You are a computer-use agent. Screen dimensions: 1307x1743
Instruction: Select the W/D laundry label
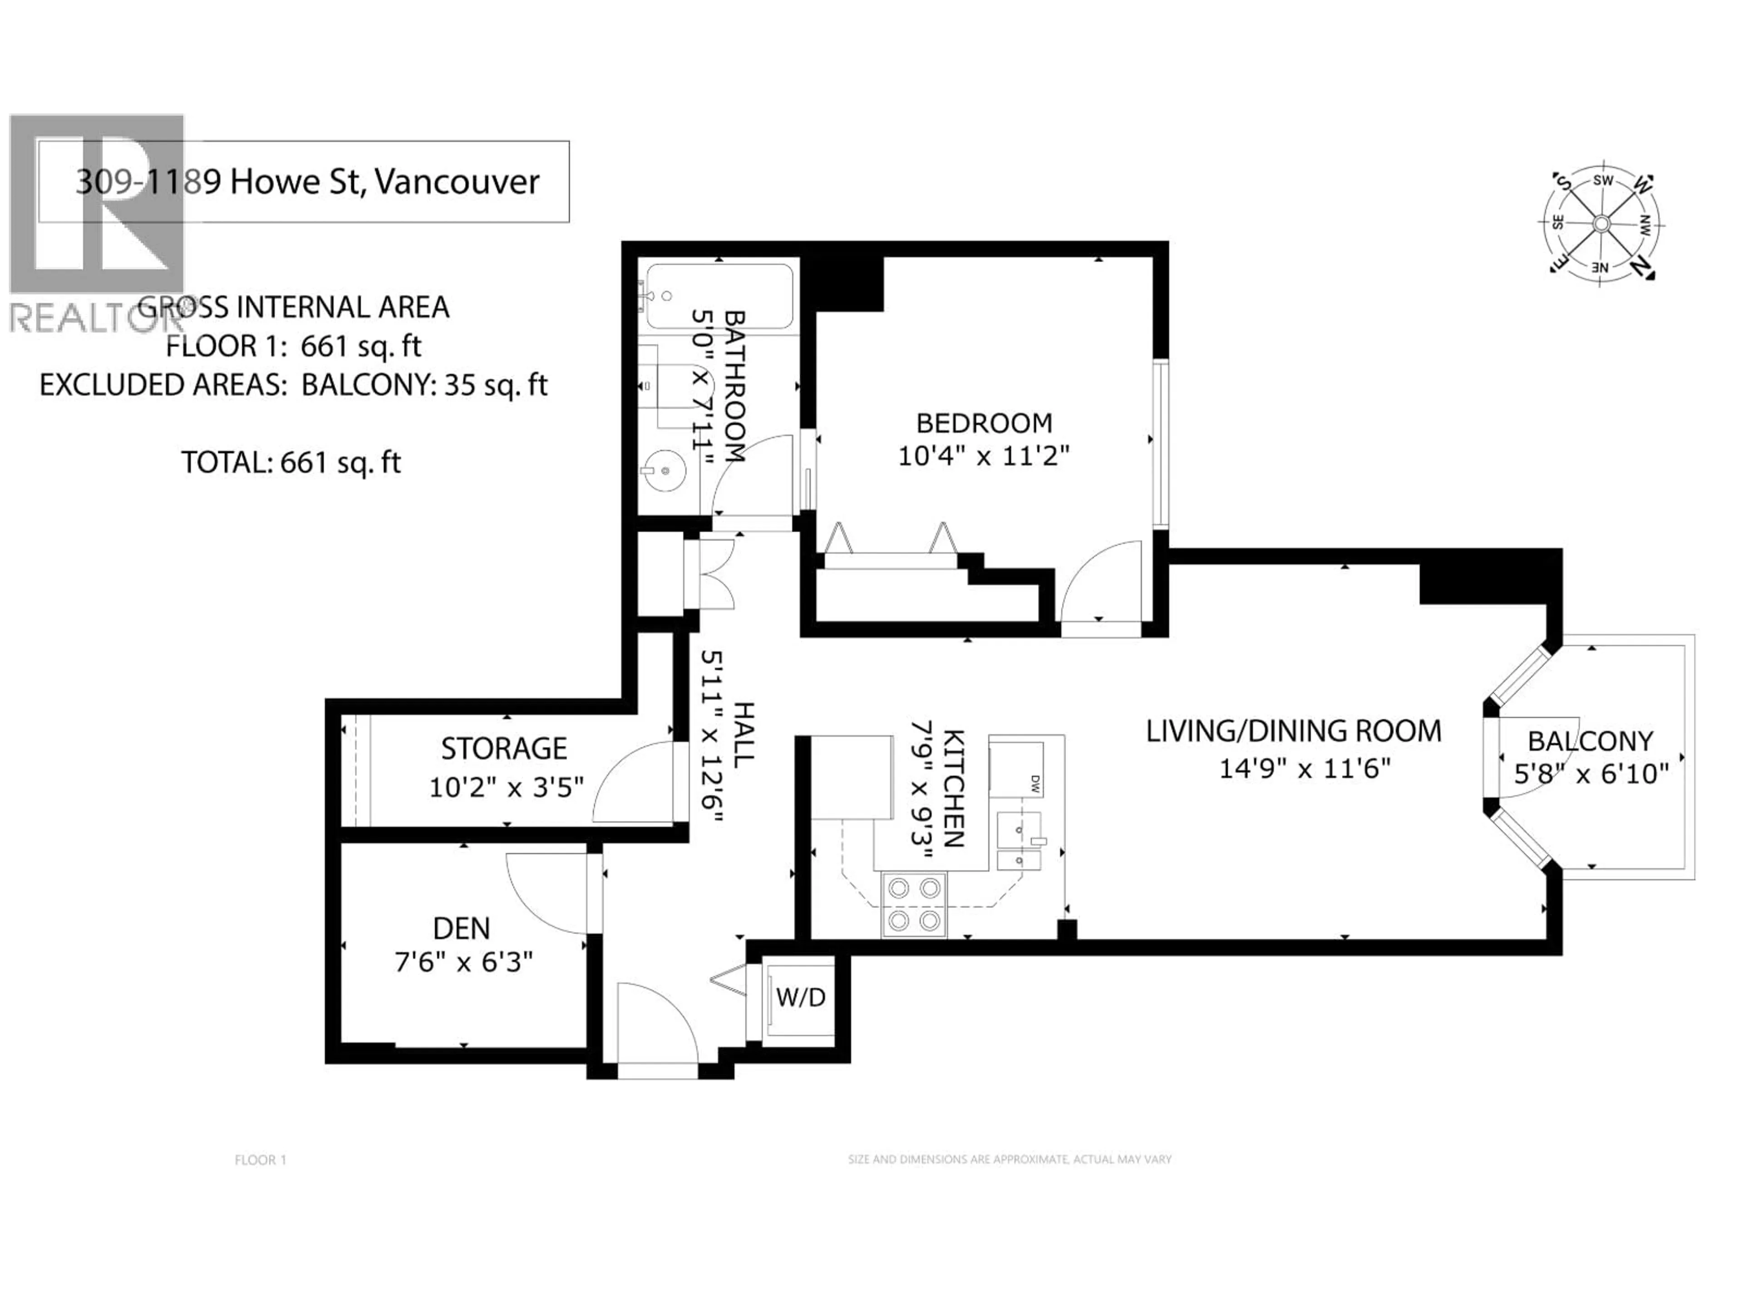[801, 998]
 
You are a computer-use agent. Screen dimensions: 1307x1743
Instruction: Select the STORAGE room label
[503, 748]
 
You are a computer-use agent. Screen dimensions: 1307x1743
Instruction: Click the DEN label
[461, 929]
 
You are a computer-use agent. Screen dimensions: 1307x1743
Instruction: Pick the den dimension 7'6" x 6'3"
[463, 962]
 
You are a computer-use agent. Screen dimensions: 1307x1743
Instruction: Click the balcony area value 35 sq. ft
[495, 385]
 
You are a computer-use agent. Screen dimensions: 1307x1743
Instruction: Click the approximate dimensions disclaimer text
[1009, 1160]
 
